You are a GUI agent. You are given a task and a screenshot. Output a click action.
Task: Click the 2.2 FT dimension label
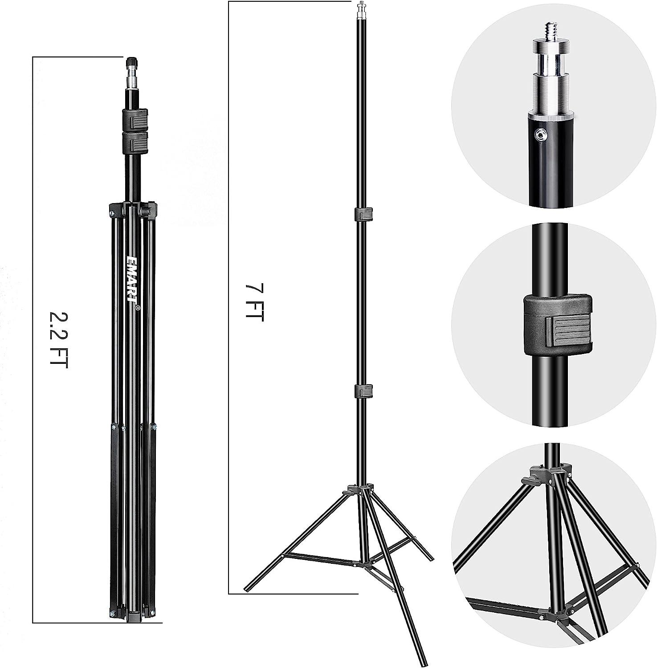[58, 338]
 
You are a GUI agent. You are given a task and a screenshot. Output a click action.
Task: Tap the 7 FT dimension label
[255, 302]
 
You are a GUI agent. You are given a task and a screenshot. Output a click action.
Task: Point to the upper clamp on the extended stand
[363, 214]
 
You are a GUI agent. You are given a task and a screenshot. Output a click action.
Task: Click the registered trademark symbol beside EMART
[138, 307]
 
